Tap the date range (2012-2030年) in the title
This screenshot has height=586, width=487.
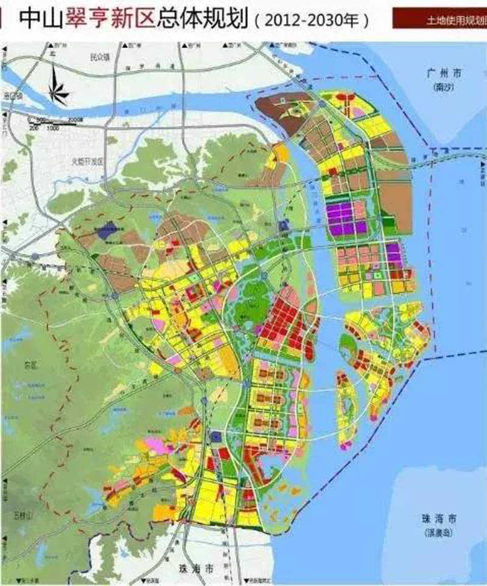click(311, 21)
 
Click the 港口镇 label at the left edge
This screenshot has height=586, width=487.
click(12, 96)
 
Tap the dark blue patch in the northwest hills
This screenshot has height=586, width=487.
click(107, 230)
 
